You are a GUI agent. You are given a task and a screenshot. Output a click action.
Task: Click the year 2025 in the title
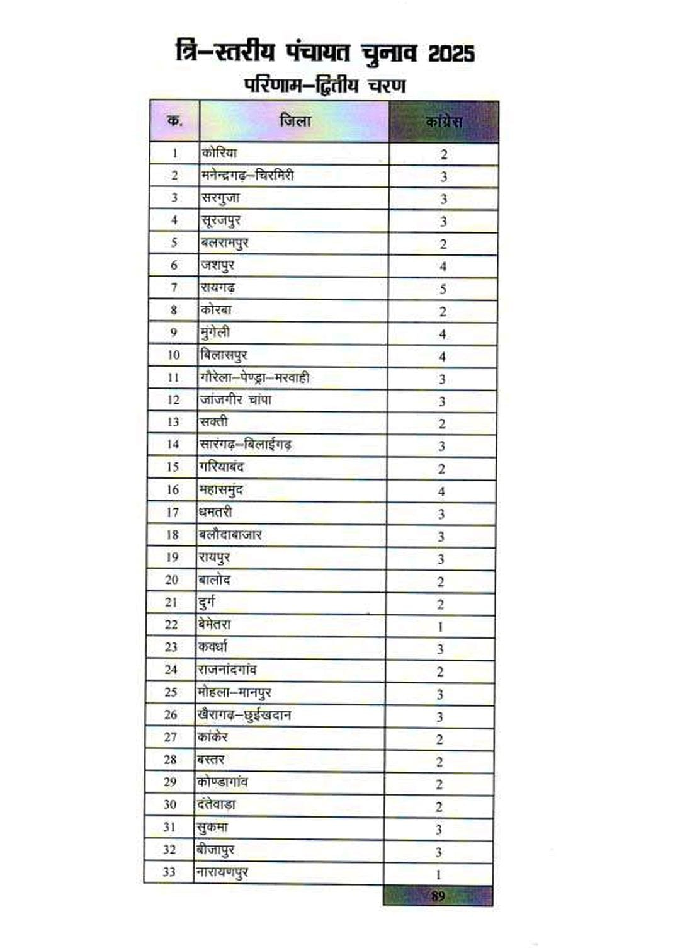coord(451,54)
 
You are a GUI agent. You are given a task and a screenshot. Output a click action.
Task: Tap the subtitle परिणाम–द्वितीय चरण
coord(325,84)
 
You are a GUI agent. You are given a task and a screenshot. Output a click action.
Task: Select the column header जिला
coord(295,120)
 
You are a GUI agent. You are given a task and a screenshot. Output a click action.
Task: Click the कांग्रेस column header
coord(444,122)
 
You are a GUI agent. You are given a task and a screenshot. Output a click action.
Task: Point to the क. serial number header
coord(174,120)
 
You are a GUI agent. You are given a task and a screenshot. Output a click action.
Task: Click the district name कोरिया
coord(219,152)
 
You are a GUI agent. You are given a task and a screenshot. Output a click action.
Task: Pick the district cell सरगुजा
coord(220,198)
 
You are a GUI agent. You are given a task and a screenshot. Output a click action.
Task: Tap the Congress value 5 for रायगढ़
coord(443,289)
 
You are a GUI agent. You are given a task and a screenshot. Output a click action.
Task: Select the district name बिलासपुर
coord(224,355)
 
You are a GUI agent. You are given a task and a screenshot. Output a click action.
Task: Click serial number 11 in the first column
coord(173,377)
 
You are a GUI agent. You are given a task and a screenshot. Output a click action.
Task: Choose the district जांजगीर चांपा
coord(235,399)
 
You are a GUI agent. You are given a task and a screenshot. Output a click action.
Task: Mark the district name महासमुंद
coord(220,489)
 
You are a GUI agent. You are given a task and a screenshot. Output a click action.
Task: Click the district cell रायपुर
coord(214,557)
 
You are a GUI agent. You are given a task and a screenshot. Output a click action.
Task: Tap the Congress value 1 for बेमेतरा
coord(441,627)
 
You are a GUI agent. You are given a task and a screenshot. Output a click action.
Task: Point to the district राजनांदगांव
coord(227,669)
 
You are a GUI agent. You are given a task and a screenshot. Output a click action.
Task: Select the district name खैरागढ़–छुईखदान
coord(244,715)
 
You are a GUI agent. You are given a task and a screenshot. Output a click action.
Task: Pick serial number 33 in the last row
coord(169,872)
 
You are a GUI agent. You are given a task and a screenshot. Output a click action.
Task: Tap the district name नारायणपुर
coord(222,872)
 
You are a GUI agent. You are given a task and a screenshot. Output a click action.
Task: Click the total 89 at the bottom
coord(438,896)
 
